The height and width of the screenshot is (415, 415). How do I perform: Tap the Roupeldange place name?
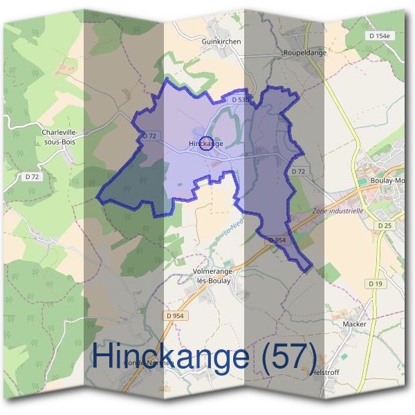pos(305,53)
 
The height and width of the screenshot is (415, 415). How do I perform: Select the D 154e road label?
pos(380,35)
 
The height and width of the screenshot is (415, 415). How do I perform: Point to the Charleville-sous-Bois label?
pos(59,136)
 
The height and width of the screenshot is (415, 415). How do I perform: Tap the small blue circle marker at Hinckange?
pos(205,143)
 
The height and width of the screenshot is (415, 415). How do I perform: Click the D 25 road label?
pos(385,226)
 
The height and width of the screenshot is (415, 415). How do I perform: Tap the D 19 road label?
pos(376,284)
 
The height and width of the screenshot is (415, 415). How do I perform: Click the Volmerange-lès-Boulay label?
pos(214,277)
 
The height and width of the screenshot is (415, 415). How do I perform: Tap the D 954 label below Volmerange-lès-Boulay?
pos(177,315)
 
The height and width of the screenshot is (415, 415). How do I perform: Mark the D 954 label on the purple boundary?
pos(277,239)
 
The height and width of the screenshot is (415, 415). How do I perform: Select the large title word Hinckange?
pos(170,357)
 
